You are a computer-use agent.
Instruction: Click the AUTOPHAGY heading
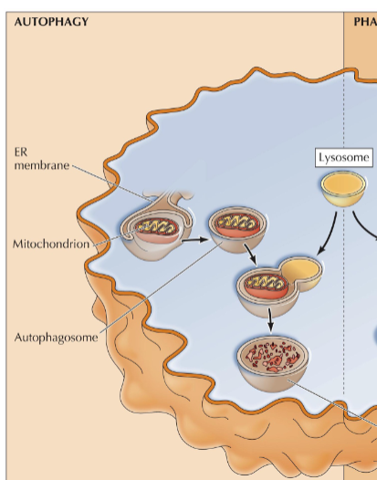[x=52, y=21]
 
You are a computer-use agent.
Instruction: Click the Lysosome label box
[x=344, y=158]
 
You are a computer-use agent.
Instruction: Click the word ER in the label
[x=23, y=151]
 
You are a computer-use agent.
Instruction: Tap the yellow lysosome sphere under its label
[x=338, y=187]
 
